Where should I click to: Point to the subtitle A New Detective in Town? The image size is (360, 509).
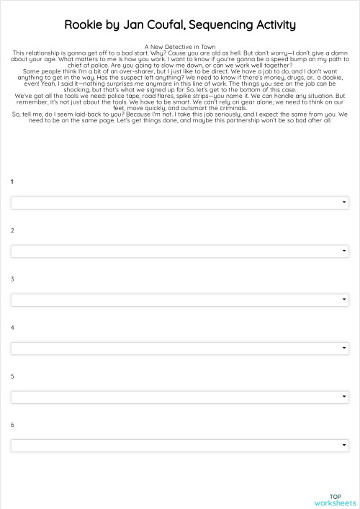click(x=180, y=47)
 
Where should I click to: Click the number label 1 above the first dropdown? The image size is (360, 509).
click(x=12, y=181)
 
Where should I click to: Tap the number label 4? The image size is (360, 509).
click(x=12, y=328)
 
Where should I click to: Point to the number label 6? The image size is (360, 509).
click(x=12, y=425)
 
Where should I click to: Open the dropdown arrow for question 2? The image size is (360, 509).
click(x=344, y=251)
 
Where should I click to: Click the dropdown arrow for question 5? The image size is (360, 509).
click(x=344, y=397)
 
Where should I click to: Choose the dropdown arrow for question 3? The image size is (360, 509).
click(x=344, y=299)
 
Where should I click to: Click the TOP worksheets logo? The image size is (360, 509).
click(x=335, y=500)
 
